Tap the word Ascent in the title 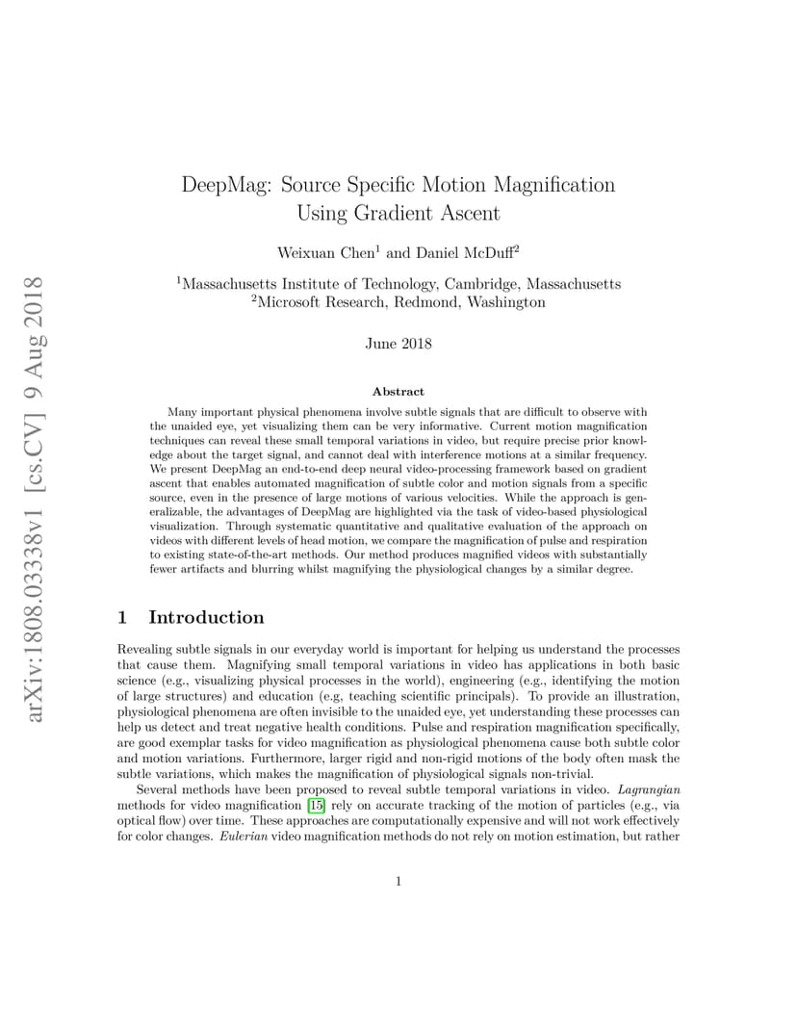point(465,213)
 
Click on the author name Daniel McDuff point(466,253)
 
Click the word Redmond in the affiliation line point(444,302)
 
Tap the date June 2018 point(398,344)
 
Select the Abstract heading point(398,392)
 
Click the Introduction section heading point(206,617)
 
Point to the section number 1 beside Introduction point(122,617)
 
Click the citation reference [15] point(316,805)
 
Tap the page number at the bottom point(398,881)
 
